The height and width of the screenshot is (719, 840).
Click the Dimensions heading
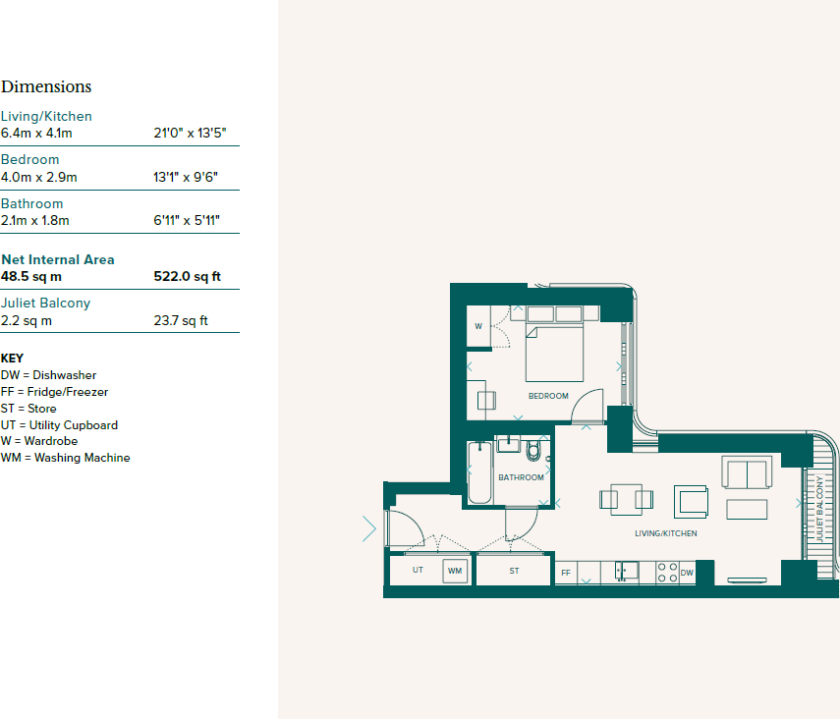point(46,86)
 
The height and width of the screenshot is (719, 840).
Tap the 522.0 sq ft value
point(187,276)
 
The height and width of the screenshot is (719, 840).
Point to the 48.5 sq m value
point(31,276)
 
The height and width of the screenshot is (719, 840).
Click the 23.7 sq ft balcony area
point(181,320)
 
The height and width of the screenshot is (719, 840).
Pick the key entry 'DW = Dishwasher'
point(49,375)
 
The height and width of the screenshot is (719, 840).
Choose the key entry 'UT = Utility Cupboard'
point(59,425)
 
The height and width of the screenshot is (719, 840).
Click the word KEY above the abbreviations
point(12,359)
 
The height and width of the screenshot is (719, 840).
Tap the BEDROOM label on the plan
point(548,396)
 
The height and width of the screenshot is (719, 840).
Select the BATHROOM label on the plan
point(521,477)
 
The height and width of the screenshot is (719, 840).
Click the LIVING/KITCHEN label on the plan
point(665,533)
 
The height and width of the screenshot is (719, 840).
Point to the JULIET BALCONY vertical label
point(818,509)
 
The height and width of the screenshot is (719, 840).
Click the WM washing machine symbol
point(455,571)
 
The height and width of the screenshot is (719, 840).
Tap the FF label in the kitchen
point(566,573)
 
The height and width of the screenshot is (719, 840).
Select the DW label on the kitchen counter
point(687,573)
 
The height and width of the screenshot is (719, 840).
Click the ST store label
point(514,571)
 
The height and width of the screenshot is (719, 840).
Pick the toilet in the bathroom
point(534,451)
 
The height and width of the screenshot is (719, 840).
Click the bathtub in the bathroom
point(479,473)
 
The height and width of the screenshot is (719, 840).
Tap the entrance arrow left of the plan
point(369,528)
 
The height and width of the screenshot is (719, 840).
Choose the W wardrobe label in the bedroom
point(478,326)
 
